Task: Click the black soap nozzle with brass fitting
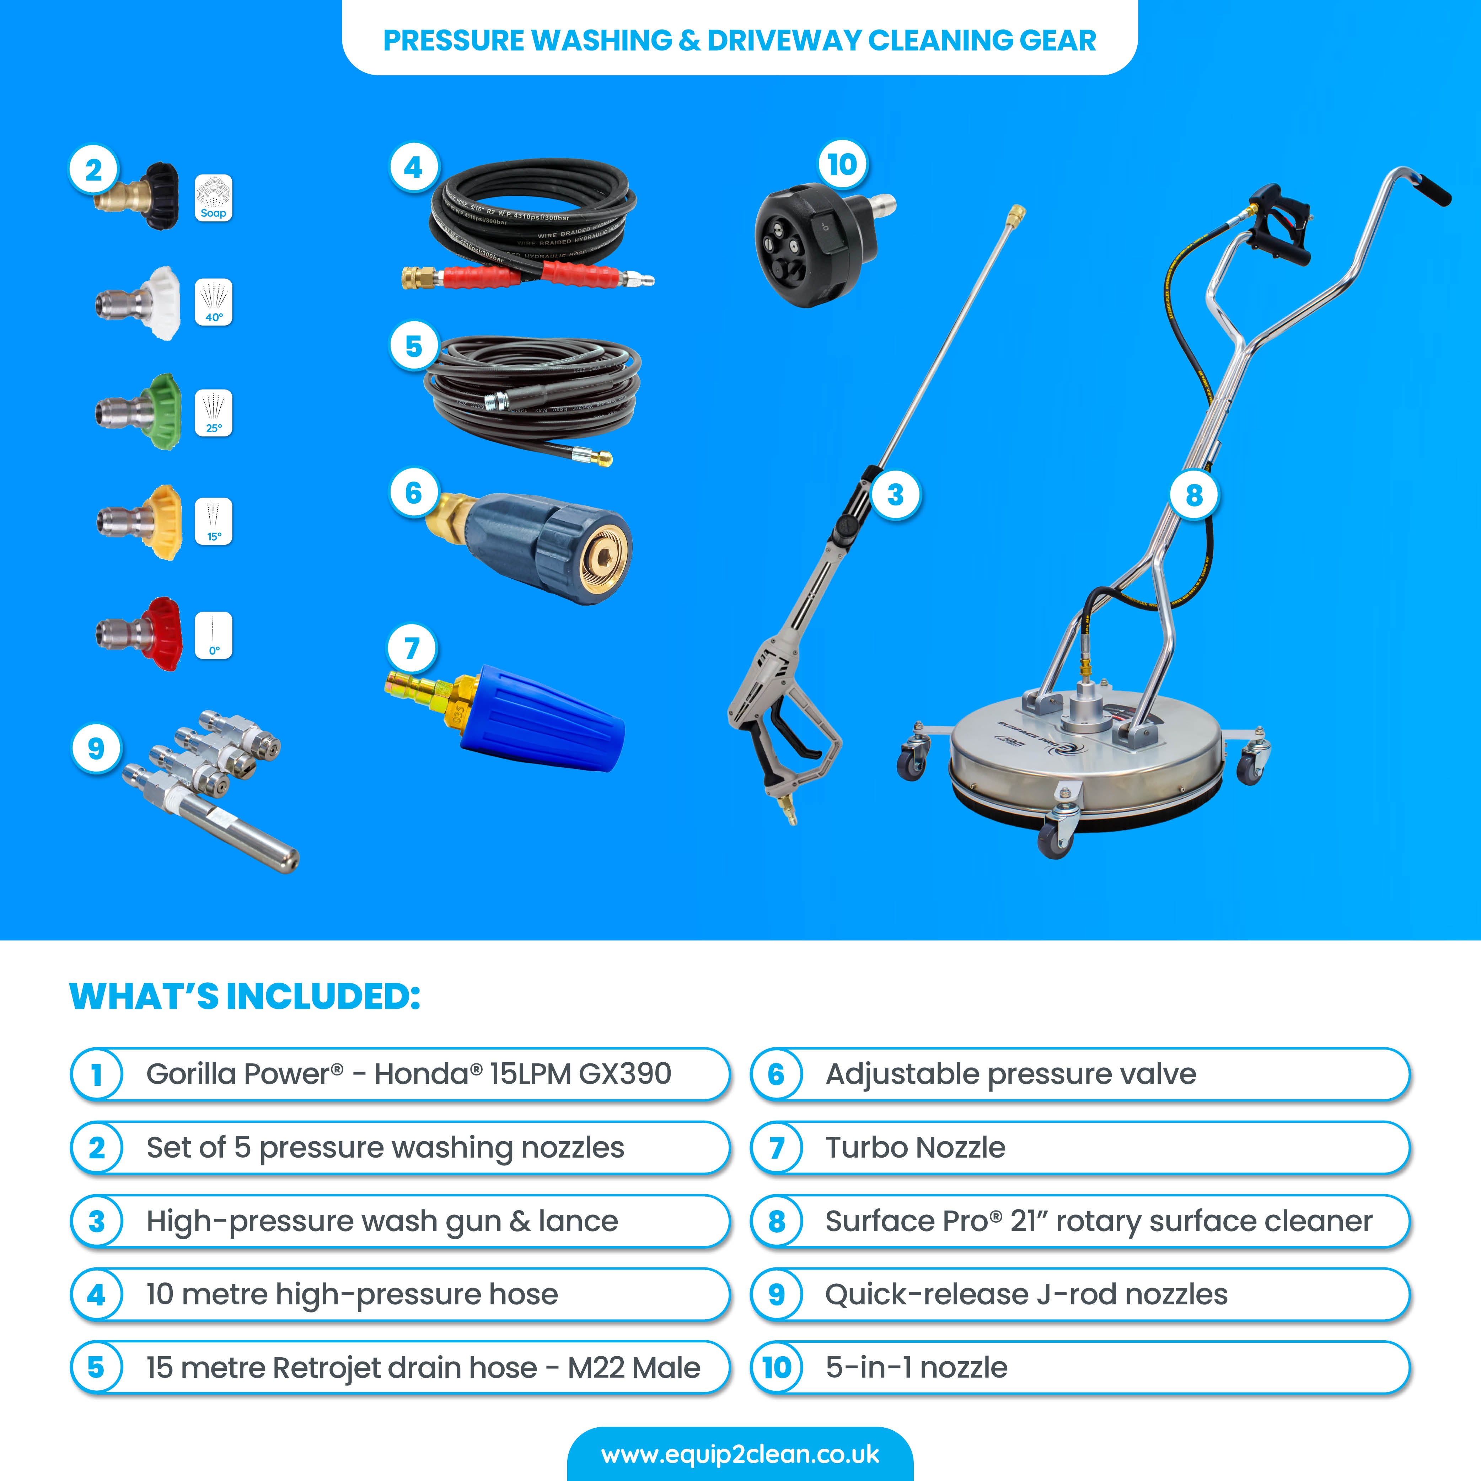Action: click(142, 195)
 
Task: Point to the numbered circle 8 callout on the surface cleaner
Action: click(1193, 495)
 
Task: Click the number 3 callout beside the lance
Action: click(895, 495)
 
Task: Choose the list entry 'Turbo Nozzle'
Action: click(914, 1148)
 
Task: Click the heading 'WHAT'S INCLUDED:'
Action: click(245, 997)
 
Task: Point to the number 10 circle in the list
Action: click(777, 1368)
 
